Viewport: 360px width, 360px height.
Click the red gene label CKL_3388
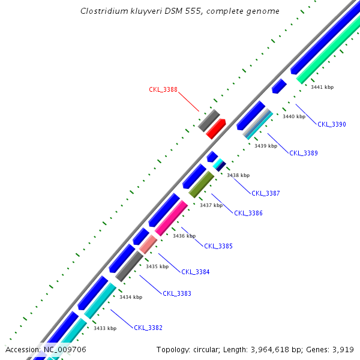(163, 90)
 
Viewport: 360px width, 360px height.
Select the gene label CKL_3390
(332, 124)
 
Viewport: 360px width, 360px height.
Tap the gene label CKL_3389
(304, 153)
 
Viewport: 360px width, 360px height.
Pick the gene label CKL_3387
(266, 193)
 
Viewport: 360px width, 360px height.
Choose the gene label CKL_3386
(248, 213)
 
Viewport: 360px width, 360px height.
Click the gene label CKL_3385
(218, 246)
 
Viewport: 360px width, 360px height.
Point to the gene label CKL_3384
(196, 272)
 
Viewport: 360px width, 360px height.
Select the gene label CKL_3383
(177, 293)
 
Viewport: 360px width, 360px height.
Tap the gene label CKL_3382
(148, 328)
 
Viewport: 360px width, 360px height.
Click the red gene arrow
(215, 129)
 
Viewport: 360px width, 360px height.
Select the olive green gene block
(201, 184)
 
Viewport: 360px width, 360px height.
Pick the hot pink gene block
(171, 218)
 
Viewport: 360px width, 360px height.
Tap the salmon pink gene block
(148, 244)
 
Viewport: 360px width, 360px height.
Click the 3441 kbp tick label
(322, 87)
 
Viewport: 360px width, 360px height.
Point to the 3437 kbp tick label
(211, 205)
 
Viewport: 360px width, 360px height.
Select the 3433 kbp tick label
(105, 328)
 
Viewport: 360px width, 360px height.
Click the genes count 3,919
(341, 349)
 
